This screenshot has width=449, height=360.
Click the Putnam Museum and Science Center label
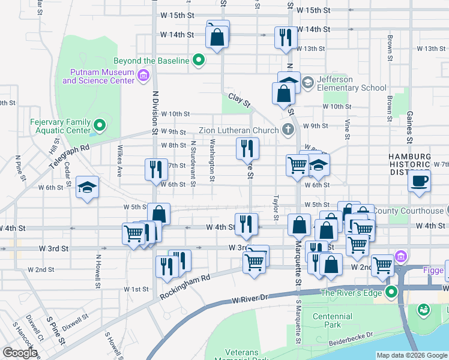(x=98, y=76)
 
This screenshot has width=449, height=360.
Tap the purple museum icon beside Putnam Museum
(x=143, y=76)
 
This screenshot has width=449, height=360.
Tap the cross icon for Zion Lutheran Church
(x=288, y=130)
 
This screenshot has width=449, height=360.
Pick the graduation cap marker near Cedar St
(x=88, y=187)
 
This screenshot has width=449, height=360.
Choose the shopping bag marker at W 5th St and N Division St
(x=158, y=214)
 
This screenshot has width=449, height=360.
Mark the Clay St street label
(x=238, y=100)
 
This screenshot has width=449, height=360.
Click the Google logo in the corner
(x=20, y=353)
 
